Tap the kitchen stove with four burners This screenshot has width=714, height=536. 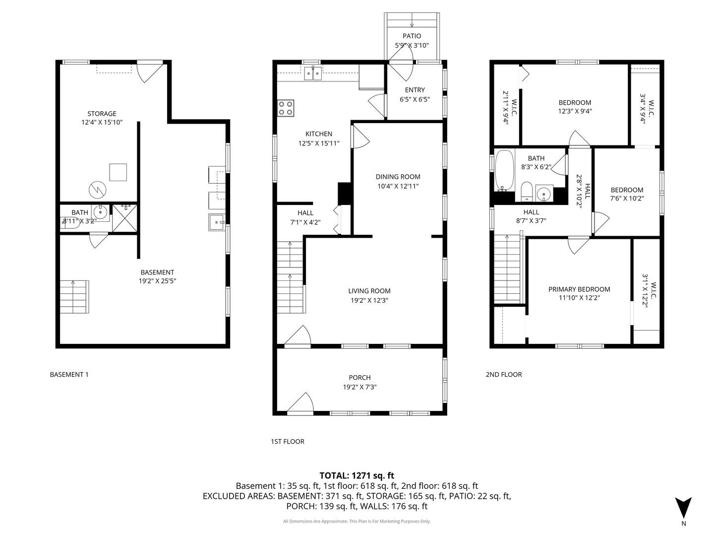click(x=286, y=108)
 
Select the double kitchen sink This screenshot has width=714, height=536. click(x=313, y=73)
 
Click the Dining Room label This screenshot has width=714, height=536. click(x=398, y=177)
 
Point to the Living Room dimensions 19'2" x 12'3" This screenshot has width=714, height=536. click(x=369, y=300)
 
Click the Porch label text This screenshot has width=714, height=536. click(x=360, y=378)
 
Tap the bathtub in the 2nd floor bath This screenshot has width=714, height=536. click(x=504, y=170)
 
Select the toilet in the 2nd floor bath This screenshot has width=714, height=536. click(x=526, y=192)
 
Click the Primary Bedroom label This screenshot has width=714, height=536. click(x=579, y=289)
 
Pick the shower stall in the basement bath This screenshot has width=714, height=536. click(x=124, y=218)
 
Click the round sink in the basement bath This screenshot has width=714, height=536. click(x=100, y=213)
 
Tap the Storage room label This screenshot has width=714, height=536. click(x=102, y=114)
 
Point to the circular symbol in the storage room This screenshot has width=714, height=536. click(x=98, y=190)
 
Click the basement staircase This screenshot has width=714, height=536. click(x=74, y=296)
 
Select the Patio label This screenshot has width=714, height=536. click(x=412, y=36)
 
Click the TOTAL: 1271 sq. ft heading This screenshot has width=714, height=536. click(x=357, y=476)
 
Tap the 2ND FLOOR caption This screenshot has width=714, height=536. click(x=504, y=374)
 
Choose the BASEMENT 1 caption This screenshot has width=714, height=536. click(x=69, y=374)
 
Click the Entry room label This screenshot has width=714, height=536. click(x=415, y=90)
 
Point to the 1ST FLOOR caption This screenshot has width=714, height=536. click(x=288, y=441)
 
